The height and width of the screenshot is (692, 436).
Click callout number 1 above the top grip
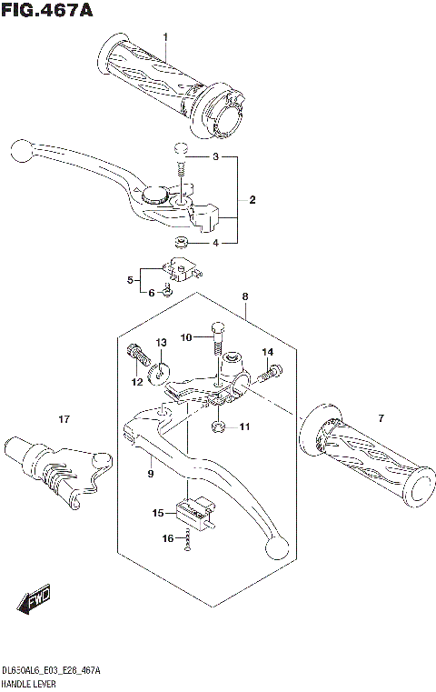coord(165,36)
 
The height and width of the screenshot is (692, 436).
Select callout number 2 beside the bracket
coord(253,200)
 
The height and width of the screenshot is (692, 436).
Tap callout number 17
coord(64,419)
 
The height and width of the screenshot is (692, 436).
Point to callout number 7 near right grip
coord(381,417)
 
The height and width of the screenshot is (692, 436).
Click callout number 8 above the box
coord(244,296)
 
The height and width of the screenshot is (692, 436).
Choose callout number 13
coord(160,342)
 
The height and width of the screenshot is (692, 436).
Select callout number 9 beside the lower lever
coord(150,474)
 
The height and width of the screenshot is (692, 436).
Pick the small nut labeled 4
coord(181,242)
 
